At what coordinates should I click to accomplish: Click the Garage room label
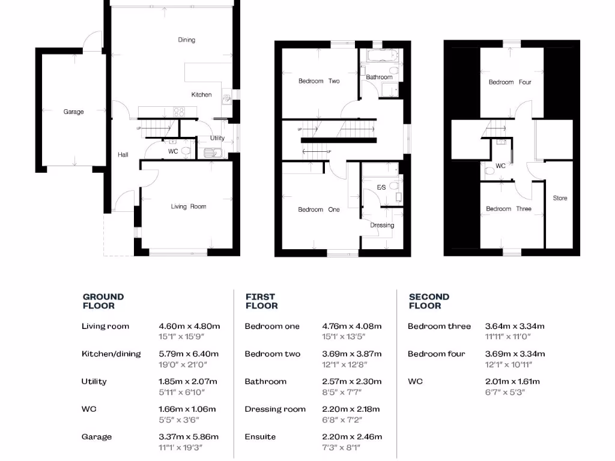(x=74, y=112)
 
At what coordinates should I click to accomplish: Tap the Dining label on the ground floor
(x=186, y=40)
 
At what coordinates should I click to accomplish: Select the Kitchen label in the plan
(x=201, y=95)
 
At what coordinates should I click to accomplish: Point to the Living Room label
(x=188, y=206)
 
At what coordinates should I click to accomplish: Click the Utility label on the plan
(x=217, y=138)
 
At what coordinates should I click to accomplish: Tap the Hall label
(x=123, y=155)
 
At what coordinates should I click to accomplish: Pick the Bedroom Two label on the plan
(x=319, y=81)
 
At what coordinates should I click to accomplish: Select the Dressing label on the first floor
(x=382, y=225)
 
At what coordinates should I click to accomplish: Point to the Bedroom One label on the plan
(x=319, y=209)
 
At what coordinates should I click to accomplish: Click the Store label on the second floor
(x=560, y=198)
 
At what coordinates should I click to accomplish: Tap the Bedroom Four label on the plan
(x=509, y=82)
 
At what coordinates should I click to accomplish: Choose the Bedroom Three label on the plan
(x=508, y=209)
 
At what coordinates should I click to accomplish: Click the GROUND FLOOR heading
(x=103, y=301)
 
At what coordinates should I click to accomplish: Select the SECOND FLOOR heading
(x=429, y=301)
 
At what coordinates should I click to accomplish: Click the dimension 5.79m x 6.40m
(x=189, y=354)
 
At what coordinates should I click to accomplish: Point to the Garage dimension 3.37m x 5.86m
(x=189, y=437)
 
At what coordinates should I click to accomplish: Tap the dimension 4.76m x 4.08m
(x=352, y=327)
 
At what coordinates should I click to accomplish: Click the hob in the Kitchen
(x=179, y=111)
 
